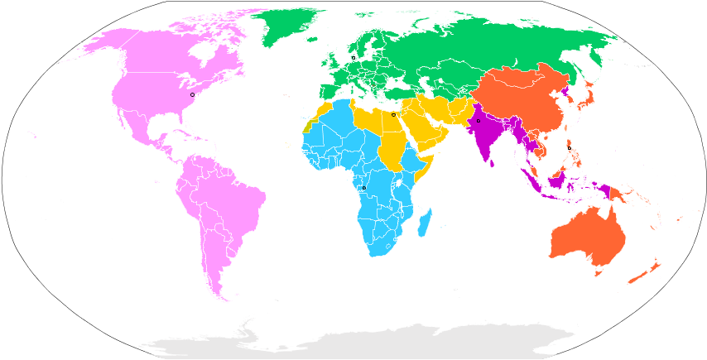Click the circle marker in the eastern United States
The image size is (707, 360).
pyautogui.click(x=193, y=94)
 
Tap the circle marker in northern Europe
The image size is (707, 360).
pyautogui.click(x=353, y=57)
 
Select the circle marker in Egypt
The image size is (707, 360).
pyautogui.click(x=393, y=114)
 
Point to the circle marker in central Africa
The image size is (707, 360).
pyautogui.click(x=363, y=188)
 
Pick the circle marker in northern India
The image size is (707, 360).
pyautogui.click(x=479, y=121)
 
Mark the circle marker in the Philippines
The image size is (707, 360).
pyautogui.click(x=570, y=148)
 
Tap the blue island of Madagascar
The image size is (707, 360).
pyautogui.click(x=425, y=222)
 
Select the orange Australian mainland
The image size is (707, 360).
pyautogui.click(x=584, y=236)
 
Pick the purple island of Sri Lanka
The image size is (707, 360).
pyautogui.click(x=493, y=162)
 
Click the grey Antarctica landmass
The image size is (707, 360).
pyautogui.click(x=356, y=346)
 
